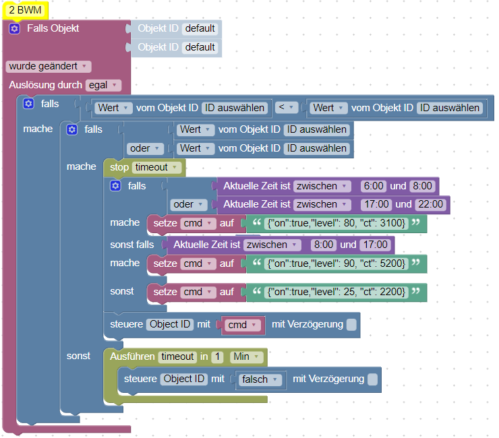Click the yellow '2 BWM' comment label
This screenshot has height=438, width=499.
coord(25,10)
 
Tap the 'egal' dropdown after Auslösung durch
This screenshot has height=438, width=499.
coord(103,85)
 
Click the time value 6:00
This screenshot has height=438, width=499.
coord(373,185)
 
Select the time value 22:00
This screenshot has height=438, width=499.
coord(430,204)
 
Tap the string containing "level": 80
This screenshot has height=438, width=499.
coord(336,223)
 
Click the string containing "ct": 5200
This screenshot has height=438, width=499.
coord(336,263)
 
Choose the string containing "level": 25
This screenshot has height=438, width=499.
coord(336,292)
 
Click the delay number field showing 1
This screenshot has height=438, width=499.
coord(217,356)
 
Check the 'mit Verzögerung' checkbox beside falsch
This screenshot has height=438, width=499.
coord(373,379)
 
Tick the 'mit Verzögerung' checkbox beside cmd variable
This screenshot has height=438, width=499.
coord(351,325)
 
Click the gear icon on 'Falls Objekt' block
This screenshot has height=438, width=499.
coord(15,28)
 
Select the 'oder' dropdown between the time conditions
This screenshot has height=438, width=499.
coord(187,204)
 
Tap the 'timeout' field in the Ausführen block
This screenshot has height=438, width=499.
coord(178,356)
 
